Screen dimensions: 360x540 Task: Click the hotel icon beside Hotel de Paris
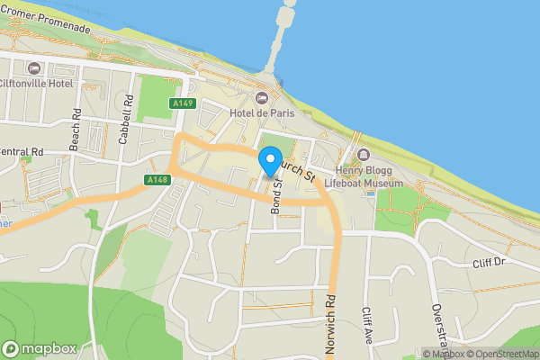[x=262, y=97]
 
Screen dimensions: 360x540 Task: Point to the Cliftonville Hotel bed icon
[x=35, y=68]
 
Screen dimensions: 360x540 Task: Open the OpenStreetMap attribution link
[x=501, y=354]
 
